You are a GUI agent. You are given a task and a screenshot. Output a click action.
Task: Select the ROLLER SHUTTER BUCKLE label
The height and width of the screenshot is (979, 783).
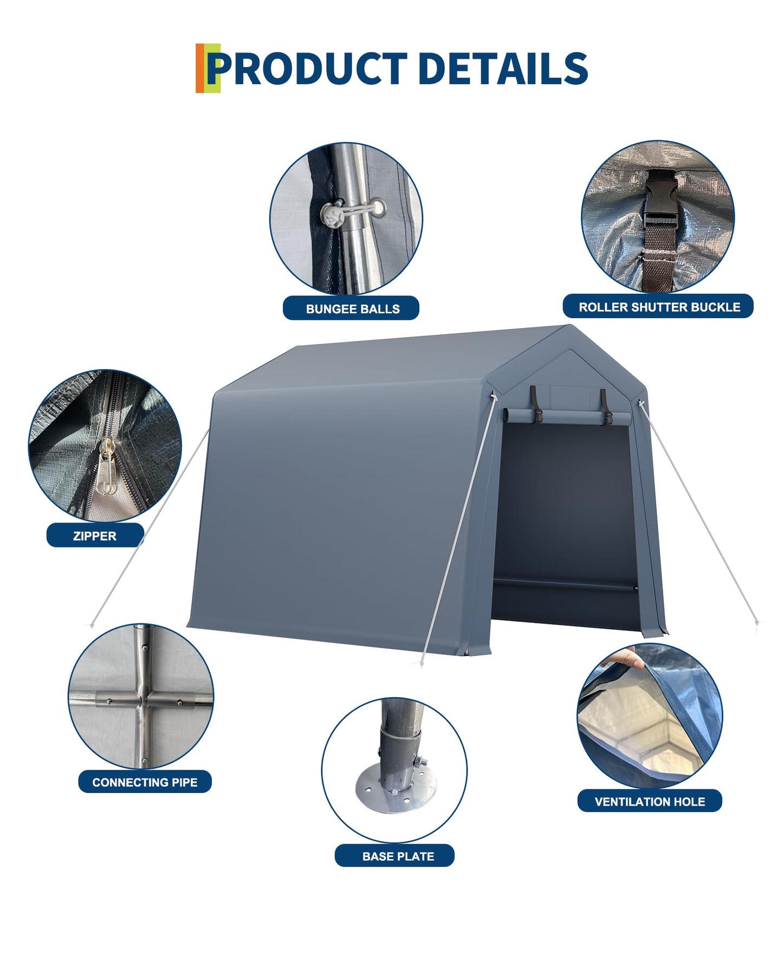658,307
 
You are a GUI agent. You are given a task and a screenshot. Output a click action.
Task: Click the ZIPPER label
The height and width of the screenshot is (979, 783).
95,536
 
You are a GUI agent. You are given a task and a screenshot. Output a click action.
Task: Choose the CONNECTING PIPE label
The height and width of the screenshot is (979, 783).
145,782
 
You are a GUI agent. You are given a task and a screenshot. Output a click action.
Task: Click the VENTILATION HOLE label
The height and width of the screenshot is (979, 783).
650,801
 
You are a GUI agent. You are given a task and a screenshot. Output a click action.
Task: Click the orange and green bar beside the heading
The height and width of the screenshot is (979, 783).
208,68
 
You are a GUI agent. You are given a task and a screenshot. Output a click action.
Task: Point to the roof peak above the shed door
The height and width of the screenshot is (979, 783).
570,326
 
